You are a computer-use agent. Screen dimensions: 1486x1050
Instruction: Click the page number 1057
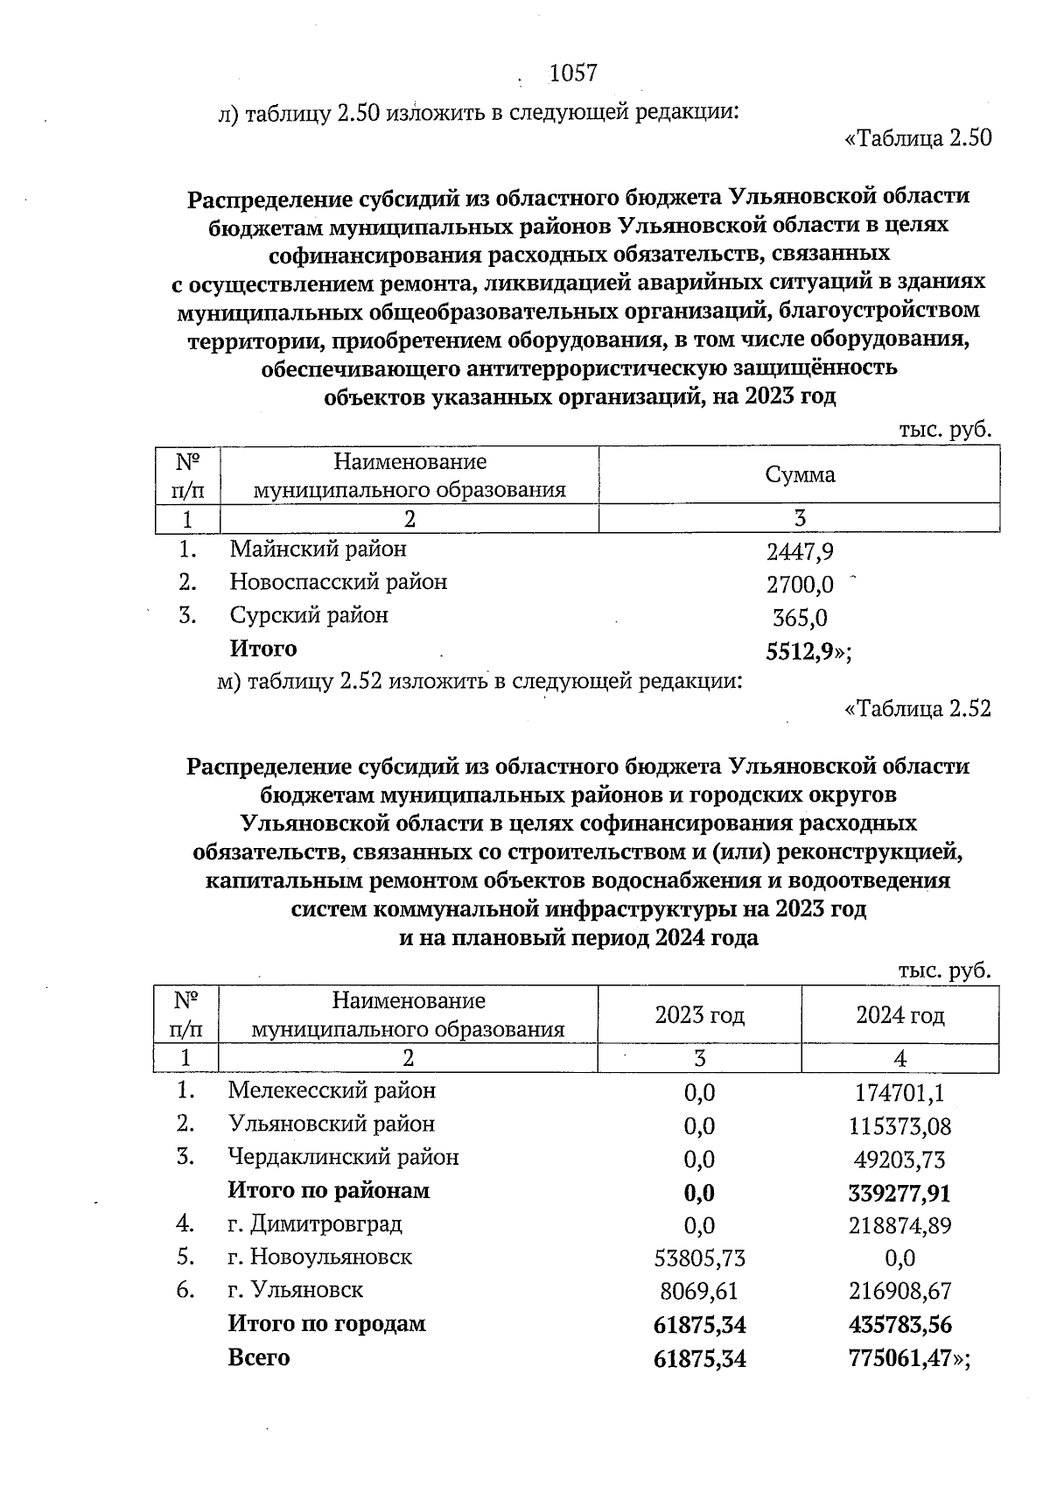pyautogui.click(x=572, y=74)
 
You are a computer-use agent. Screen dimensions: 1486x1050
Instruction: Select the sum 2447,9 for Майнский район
pyautogui.click(x=799, y=551)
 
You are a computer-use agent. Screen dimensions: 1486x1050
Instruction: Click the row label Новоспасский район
pyautogui.click(x=338, y=582)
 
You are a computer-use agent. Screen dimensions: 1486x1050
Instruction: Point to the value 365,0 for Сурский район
pyautogui.click(x=799, y=618)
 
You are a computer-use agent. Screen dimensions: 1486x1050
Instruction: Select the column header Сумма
pyautogui.click(x=799, y=474)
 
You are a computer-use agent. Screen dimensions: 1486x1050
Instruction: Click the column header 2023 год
pyautogui.click(x=699, y=1015)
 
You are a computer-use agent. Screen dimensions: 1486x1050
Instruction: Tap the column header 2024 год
pyautogui.click(x=899, y=1015)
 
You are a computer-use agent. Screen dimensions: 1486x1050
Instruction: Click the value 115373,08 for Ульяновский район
pyautogui.click(x=899, y=1126)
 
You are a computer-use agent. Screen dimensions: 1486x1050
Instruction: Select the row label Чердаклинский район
pyautogui.click(x=343, y=1157)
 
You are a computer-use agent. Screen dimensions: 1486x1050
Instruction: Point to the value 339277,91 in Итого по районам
pyautogui.click(x=899, y=1193)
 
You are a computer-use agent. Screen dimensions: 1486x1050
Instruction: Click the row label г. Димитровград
pyautogui.click(x=315, y=1223)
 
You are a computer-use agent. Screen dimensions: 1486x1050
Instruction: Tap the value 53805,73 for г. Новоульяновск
pyautogui.click(x=699, y=1258)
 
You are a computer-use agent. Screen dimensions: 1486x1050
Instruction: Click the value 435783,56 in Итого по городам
pyautogui.click(x=899, y=1324)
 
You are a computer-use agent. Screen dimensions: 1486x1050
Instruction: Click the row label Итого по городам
pyautogui.click(x=326, y=1323)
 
